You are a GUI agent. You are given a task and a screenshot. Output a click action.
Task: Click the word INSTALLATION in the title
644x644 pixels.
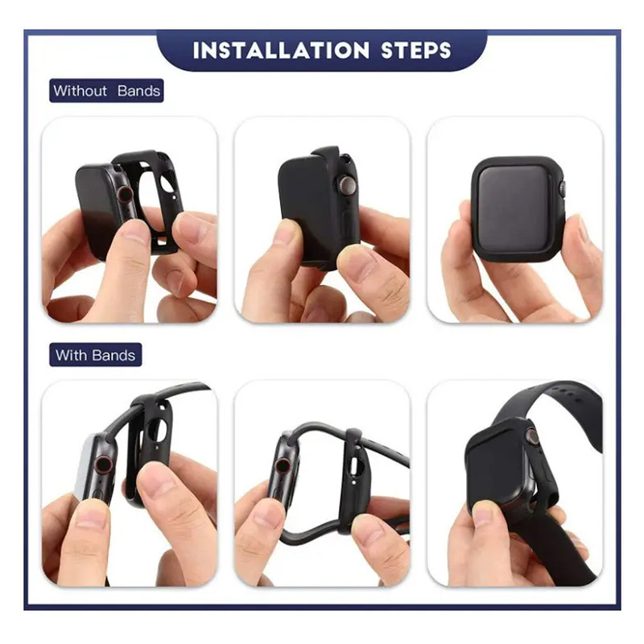pyautogui.click(x=281, y=50)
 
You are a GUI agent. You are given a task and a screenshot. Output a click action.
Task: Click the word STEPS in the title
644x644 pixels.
pyautogui.click(x=416, y=50)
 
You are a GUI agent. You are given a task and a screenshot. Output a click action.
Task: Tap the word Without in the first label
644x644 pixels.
pyautogui.click(x=80, y=90)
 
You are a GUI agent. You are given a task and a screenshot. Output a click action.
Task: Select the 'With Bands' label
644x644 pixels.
pyautogui.click(x=95, y=355)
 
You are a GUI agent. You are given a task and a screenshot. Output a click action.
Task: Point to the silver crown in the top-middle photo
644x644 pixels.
pyautogui.click(x=345, y=184)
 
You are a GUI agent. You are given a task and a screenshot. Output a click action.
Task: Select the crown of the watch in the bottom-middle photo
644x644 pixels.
pyautogui.click(x=283, y=466)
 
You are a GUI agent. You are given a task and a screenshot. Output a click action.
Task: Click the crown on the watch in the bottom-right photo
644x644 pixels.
pyautogui.click(x=533, y=437)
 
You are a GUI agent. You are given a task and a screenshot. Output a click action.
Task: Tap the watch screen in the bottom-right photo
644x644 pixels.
pyautogui.click(x=496, y=473)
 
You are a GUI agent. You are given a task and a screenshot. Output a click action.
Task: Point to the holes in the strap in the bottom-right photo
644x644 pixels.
pyautogui.click(x=573, y=396)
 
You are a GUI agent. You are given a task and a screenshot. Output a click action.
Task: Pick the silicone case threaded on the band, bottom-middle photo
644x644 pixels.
pyautogui.click(x=353, y=481)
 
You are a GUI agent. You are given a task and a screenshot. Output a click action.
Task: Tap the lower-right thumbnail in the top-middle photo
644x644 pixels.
pyautogui.click(x=357, y=262)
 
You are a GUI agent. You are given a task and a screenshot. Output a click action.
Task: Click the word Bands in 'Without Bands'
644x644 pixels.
pyautogui.click(x=138, y=90)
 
